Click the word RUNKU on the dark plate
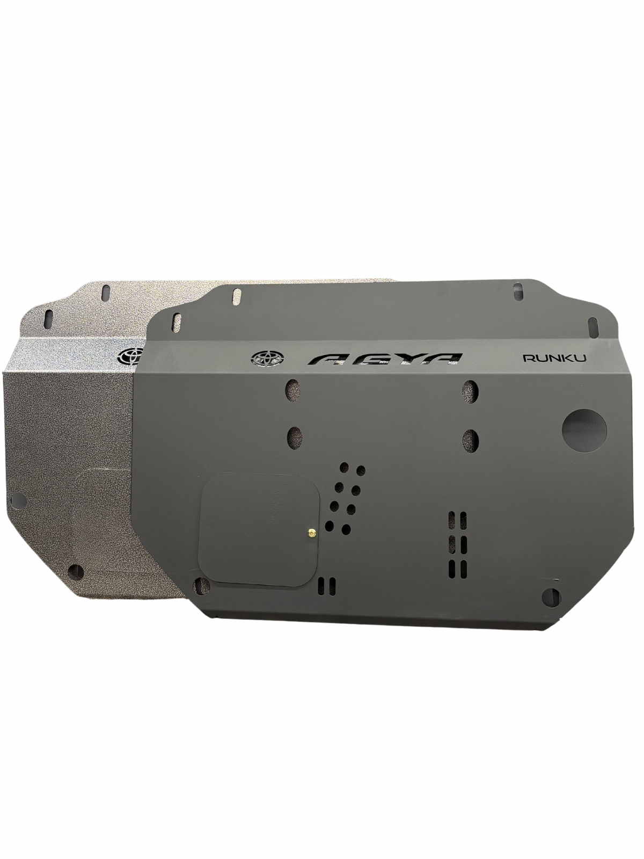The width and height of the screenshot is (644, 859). (555, 358)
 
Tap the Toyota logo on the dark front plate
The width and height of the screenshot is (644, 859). (268, 358)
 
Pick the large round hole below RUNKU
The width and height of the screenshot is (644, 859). (584, 431)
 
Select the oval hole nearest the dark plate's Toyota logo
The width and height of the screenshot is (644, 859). (295, 390)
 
